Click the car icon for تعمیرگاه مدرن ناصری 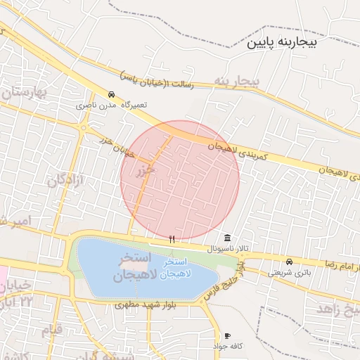coord(111,94)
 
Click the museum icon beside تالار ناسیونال coord(226,238)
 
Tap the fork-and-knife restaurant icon coord(172,240)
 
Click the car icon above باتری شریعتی coord(289,262)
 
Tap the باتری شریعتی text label coord(288,272)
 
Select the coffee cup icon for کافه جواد coord(226,336)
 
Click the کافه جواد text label coord(226,347)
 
